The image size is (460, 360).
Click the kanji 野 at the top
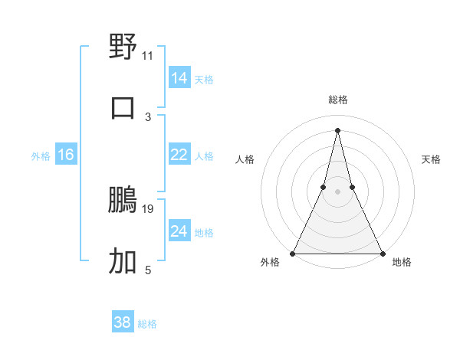coord(123,46)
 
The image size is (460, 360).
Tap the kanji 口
coord(123,107)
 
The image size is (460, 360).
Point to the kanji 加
coord(123,261)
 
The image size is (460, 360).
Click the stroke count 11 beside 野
coord(148,56)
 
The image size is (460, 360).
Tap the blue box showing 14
coord(179,78)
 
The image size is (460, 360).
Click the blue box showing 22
coord(179,155)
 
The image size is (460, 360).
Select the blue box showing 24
coord(179,231)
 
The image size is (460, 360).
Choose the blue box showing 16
coord(66,155)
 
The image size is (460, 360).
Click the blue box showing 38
coord(122,322)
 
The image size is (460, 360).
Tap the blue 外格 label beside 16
coord(41,156)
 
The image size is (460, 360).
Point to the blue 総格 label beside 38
coord(147,324)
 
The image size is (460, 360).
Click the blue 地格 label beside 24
coord(205,233)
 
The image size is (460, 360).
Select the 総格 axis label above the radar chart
coord(337,100)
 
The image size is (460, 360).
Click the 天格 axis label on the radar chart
coord(432,159)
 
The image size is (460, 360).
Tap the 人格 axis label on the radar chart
coord(245,159)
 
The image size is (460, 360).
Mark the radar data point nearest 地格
coord(382,253)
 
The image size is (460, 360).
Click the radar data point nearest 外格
coord(293,253)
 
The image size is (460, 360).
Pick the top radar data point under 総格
coord(337,129)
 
